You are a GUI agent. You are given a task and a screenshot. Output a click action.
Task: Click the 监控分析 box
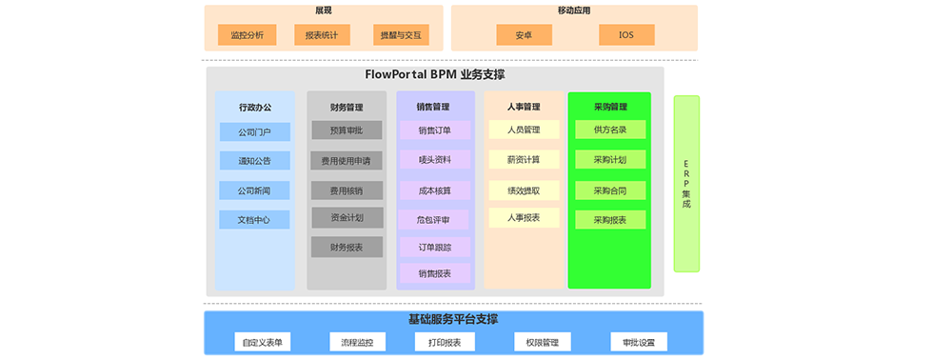247,36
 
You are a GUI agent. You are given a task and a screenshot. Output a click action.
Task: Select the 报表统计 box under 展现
322,36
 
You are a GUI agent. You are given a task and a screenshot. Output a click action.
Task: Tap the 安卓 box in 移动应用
524,36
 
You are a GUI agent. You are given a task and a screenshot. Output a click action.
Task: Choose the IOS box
625,36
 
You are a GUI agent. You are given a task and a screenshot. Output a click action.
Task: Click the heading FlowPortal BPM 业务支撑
435,74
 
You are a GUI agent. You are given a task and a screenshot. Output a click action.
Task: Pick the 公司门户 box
254,131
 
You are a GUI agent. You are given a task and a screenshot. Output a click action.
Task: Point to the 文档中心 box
254,219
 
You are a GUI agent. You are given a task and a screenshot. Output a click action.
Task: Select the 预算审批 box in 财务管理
347,130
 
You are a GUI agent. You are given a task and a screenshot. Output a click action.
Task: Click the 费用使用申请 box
347,160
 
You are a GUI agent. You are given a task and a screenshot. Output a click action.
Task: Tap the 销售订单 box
434,130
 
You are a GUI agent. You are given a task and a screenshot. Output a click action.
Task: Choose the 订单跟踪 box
434,248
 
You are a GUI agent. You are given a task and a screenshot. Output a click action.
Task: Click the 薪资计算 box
524,159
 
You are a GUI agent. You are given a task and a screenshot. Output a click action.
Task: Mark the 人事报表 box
524,218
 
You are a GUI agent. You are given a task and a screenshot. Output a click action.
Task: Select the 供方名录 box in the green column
610,130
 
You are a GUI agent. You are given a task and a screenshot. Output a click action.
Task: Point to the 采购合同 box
610,190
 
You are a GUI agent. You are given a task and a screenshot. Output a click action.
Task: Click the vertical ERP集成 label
685,183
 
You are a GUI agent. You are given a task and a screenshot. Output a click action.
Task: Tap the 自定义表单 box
262,342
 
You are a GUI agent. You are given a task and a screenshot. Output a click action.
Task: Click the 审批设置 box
638,342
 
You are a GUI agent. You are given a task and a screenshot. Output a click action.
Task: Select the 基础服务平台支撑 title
453,319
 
